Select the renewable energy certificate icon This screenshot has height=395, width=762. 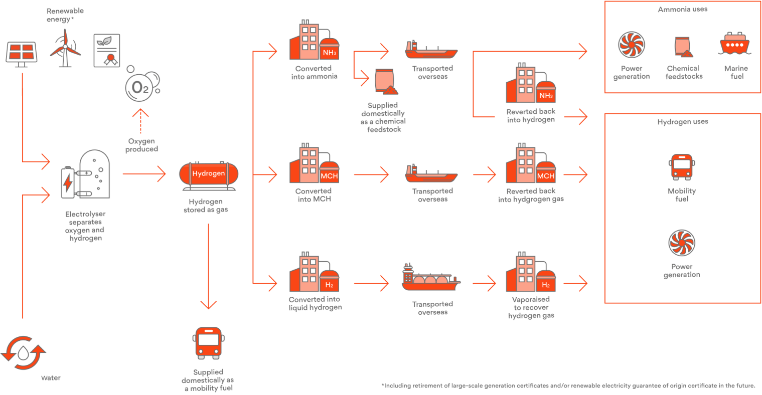pyautogui.click(x=107, y=51)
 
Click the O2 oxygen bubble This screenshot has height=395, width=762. pyautogui.click(x=140, y=86)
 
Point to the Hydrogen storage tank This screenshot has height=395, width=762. pyautogui.click(x=209, y=174)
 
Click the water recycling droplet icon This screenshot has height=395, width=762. pyautogui.click(x=23, y=353)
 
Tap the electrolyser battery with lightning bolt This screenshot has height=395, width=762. pyautogui.click(x=67, y=183)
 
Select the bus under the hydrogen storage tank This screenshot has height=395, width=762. pyautogui.click(x=208, y=343)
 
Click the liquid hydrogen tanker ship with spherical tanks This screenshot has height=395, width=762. pyautogui.click(x=431, y=279)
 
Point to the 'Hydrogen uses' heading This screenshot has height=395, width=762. pyautogui.click(x=683, y=122)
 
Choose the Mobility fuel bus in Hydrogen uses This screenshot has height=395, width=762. pyautogui.click(x=682, y=167)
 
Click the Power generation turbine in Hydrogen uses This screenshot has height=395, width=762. pyautogui.click(x=682, y=243)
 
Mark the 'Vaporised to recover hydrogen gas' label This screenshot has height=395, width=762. pyautogui.click(x=531, y=307)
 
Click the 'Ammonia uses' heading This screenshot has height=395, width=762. pyautogui.click(x=683, y=9)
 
